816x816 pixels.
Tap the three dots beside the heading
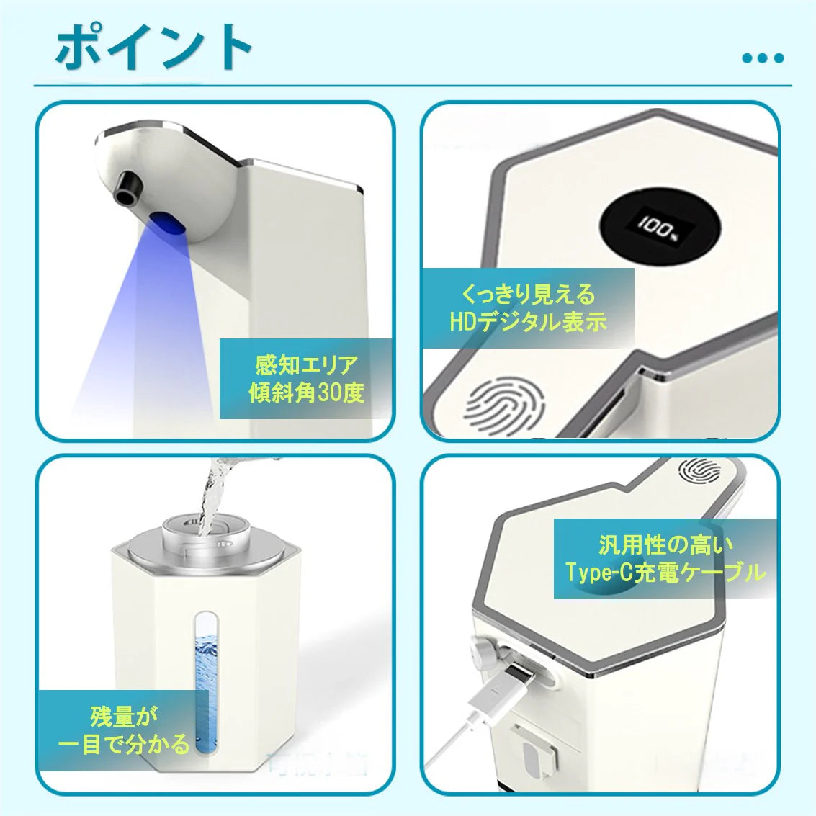pos(762,58)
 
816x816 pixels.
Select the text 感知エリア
pos(306,364)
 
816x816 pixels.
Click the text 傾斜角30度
pos(306,393)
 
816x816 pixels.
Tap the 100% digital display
pos(659,228)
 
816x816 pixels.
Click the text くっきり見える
pos(528,294)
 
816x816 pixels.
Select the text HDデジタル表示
pos(528,322)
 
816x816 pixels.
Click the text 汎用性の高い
pos(665,544)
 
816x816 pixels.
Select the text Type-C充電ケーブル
pos(665,573)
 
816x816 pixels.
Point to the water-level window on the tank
pos(205,677)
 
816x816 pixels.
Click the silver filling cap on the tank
pos(209,537)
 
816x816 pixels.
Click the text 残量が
pos(123,716)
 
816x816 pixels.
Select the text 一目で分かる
pos(123,744)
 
